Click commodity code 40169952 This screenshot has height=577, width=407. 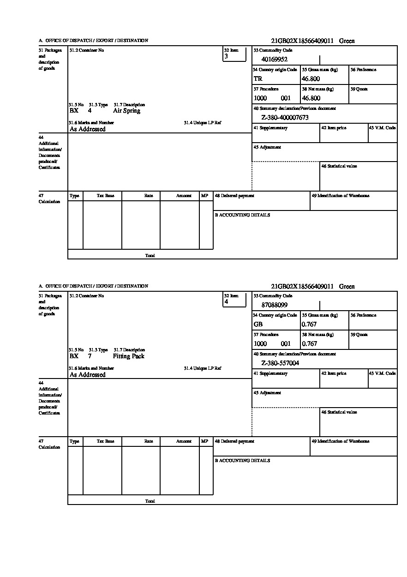click(275, 59)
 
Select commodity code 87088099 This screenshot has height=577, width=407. click(275, 305)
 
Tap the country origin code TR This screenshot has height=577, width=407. click(258, 78)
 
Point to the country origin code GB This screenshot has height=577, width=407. click(258, 324)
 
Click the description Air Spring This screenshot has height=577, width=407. click(126, 111)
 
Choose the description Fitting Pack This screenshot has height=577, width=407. click(129, 356)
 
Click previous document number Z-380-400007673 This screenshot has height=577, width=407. click(285, 118)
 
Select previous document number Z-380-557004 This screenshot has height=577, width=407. click(280, 363)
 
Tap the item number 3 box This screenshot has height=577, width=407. click(234, 54)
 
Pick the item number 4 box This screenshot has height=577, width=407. click(234, 299)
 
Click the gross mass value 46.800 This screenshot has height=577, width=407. click(311, 78)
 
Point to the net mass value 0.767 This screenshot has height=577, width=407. click(310, 343)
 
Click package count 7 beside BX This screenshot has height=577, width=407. click(90, 356)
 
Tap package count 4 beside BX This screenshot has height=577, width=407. click(90, 111)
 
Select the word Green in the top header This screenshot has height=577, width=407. click(347, 41)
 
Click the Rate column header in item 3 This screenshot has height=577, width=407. click(149, 196)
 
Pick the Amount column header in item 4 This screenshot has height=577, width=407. click(184, 441)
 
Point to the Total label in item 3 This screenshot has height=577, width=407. click(150, 255)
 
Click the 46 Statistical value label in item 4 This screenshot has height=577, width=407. click(339, 412)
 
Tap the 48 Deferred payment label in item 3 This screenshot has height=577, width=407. click(234, 196)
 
